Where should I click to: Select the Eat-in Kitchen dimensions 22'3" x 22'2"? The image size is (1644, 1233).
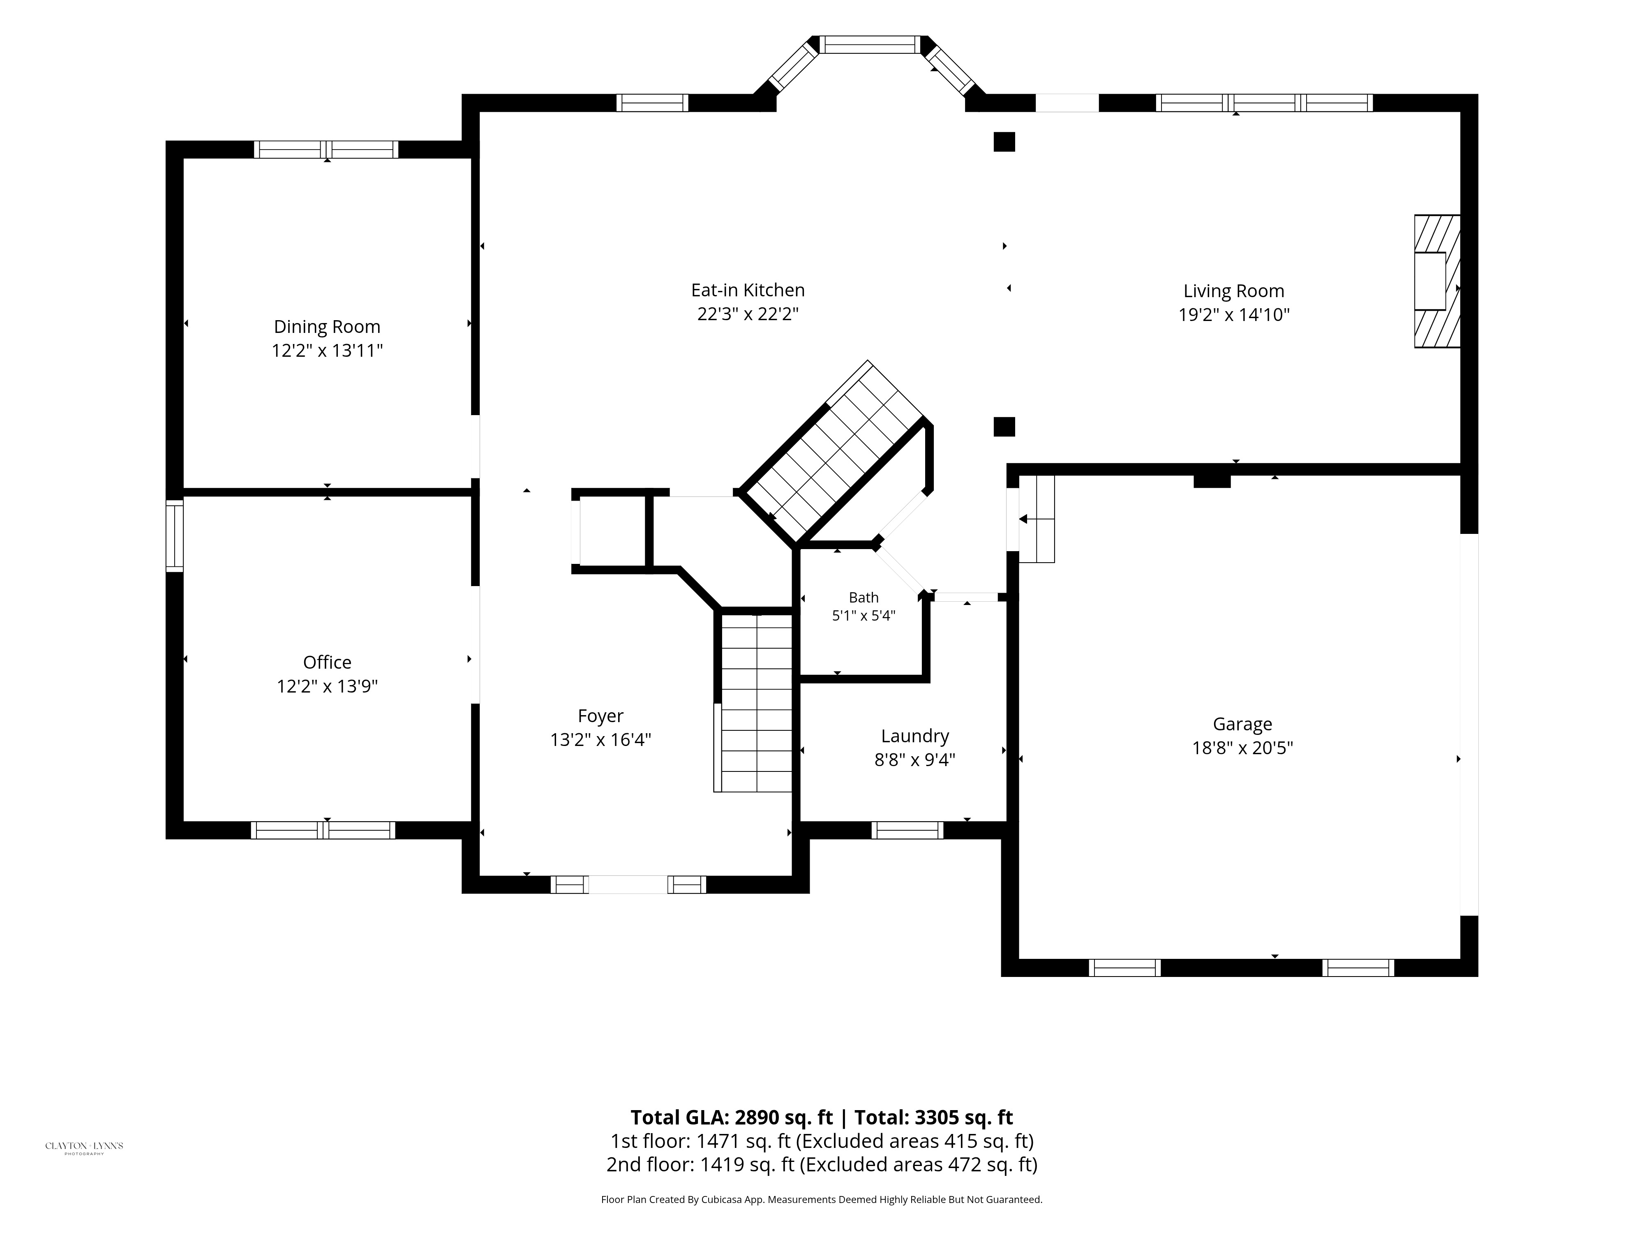[748, 314]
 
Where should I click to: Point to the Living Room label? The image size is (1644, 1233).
[1234, 291]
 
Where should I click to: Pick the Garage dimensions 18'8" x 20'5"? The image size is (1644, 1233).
[1243, 748]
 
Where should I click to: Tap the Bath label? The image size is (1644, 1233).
[864, 598]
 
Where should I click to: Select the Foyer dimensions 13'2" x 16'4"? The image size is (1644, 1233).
[600, 739]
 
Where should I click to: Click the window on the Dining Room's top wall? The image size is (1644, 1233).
[326, 149]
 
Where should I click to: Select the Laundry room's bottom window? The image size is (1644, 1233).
[907, 830]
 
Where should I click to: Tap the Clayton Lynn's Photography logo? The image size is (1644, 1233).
[84, 1147]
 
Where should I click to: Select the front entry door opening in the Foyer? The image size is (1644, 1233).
[628, 884]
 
